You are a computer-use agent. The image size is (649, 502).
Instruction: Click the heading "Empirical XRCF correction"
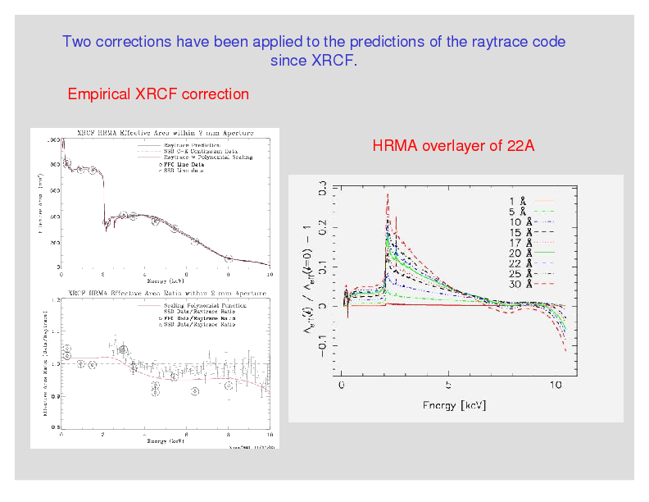coord(158,94)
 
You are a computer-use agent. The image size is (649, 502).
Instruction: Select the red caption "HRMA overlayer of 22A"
coord(453,146)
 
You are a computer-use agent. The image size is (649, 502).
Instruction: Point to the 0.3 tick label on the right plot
coord(323,188)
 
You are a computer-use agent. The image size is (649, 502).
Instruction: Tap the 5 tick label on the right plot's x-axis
coord(448,385)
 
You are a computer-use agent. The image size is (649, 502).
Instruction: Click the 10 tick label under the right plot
coord(555,385)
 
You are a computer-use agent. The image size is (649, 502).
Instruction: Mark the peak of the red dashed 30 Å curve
coord(387,195)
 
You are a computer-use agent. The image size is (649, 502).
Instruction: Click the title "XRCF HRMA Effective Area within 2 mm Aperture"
coord(165,132)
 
